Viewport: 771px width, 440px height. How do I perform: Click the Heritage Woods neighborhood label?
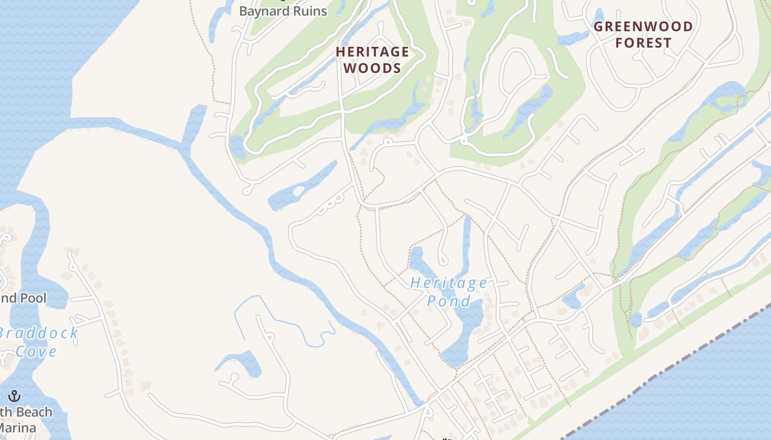tap(373, 60)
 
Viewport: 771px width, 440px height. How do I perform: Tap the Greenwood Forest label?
tap(643, 35)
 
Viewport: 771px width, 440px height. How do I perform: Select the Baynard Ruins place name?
tap(283, 10)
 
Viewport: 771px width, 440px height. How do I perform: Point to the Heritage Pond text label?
tap(449, 292)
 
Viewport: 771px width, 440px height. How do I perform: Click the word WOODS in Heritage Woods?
tap(373, 68)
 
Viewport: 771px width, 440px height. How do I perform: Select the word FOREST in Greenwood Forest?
tap(643, 43)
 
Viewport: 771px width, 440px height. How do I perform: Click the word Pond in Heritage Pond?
tap(449, 301)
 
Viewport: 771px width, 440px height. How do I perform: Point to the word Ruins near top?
tap(310, 10)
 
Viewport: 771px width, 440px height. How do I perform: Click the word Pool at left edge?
tap(34, 298)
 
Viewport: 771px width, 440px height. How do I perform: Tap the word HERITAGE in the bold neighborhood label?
tap(373, 52)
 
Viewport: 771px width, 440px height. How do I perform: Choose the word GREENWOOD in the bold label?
tap(643, 26)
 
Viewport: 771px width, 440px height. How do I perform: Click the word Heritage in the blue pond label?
tap(449, 283)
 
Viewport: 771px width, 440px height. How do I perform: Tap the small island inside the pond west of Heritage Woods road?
tap(298, 192)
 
